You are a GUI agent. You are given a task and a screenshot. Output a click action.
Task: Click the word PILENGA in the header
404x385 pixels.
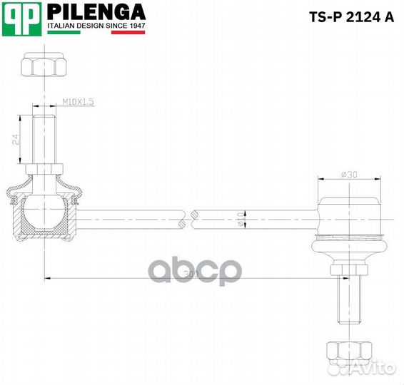pyautogui.click(x=96, y=12)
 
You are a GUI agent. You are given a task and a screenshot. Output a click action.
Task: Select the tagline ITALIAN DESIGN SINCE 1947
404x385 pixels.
pyautogui.click(x=96, y=25)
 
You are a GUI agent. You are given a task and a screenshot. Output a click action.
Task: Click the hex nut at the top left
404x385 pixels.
pyautogui.click(x=45, y=67)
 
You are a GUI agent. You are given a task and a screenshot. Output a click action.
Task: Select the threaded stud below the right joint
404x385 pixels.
pyautogui.click(x=349, y=304)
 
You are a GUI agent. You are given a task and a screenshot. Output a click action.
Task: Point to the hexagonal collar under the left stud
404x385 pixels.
pyautogui.click(x=45, y=169)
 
